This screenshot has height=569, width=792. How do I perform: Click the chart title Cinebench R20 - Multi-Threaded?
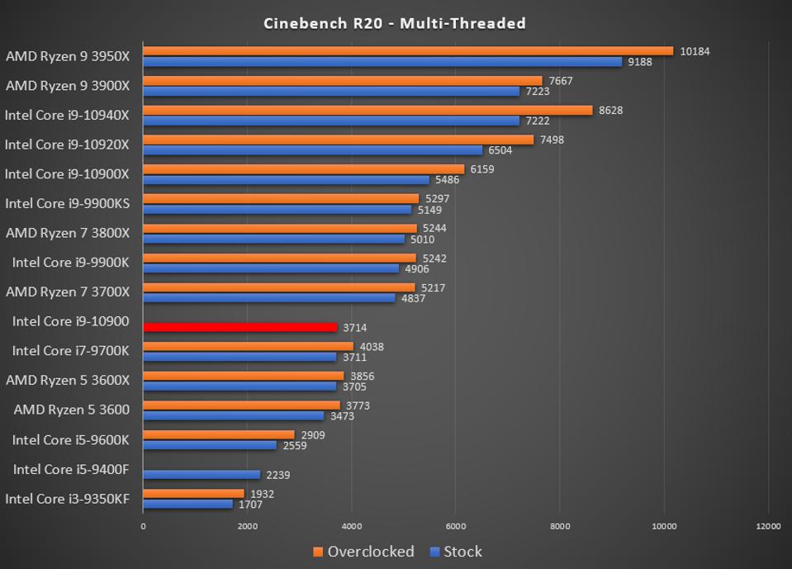pos(395,23)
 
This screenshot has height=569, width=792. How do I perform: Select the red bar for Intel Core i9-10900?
pos(240,327)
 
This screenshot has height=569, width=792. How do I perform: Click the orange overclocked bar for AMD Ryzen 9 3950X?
pos(408,51)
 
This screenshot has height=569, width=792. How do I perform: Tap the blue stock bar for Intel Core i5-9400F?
pos(202,475)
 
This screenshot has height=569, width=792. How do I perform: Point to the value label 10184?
pos(695,51)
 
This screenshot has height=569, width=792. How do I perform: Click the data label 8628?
pos(610,111)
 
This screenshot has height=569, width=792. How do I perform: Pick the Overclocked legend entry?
pos(363,552)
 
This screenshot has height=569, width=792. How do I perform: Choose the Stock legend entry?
pos(456,552)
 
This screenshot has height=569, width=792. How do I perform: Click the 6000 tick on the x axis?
pos(456,526)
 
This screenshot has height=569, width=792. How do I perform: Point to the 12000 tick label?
pos(768,526)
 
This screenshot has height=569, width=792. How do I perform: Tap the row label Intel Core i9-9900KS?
pos(67,203)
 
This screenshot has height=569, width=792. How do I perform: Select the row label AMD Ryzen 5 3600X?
pos(68,380)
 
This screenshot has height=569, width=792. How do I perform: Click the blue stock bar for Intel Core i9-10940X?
pos(331,121)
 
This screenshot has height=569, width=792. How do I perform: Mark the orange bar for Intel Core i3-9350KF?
pos(193,494)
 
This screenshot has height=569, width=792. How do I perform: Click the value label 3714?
pos(354,328)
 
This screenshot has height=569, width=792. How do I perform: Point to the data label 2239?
pos(277,475)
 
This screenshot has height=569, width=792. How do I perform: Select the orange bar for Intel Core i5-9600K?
pos(219,434)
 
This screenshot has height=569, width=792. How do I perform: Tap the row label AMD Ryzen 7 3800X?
pos(68,233)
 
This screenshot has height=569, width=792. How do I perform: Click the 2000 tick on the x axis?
pos(247,526)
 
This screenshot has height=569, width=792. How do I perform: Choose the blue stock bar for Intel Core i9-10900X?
pos(286,179)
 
